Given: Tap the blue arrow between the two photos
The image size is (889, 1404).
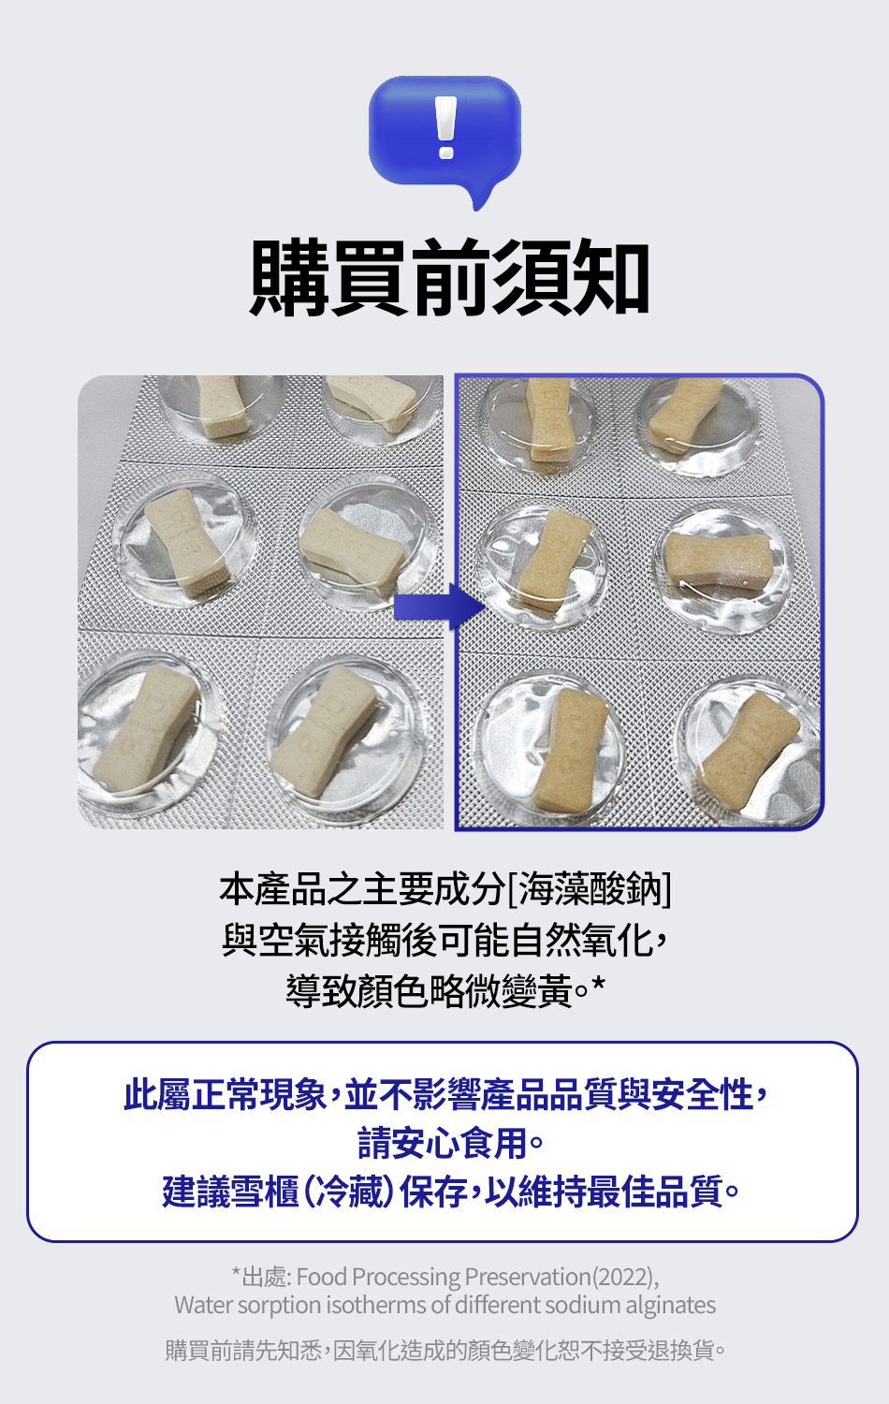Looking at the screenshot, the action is [439, 607].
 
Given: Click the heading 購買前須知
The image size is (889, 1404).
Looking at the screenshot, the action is [448, 277].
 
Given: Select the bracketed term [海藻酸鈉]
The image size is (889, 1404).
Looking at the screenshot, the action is [589, 889].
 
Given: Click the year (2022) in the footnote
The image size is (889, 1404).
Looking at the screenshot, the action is [622, 1277].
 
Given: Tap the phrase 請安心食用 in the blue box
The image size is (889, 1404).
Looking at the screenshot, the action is [443, 1143].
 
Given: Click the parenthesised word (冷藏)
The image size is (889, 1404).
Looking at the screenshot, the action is [349, 1191].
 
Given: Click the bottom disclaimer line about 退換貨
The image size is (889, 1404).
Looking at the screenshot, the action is [444, 1350].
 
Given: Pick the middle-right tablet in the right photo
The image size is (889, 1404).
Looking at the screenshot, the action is [719, 562].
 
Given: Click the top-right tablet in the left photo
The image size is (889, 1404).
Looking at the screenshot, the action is [372, 402].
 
